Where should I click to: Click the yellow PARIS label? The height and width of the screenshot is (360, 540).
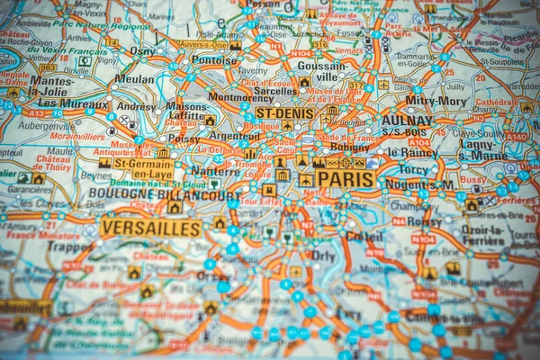344,179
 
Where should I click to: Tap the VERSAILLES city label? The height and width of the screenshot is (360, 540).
150,228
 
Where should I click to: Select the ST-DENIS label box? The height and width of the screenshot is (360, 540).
284,113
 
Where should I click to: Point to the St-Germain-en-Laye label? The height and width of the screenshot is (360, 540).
144,168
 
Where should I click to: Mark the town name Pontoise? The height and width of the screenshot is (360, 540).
213,60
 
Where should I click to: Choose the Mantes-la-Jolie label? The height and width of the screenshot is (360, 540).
52,85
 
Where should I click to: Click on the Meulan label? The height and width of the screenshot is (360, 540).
134,79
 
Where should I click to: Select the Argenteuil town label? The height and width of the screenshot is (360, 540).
234,135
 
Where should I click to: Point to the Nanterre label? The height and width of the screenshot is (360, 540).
214,169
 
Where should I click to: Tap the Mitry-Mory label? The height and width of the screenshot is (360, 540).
436,101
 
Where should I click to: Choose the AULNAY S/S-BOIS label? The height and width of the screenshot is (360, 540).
407,124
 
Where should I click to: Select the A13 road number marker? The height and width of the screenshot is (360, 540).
34,113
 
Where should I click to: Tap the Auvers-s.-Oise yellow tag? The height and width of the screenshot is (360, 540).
202,44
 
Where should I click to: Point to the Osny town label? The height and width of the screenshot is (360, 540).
142,51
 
